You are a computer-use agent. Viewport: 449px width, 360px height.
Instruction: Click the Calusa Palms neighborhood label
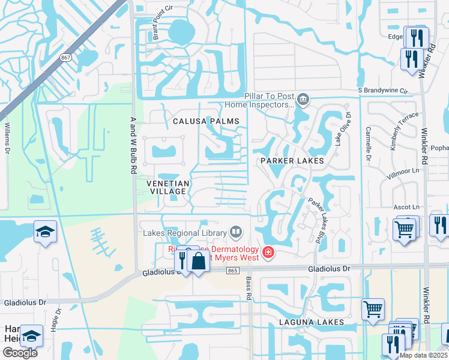coord(206,121)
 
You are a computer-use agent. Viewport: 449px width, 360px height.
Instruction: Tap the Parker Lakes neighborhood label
coord(292,161)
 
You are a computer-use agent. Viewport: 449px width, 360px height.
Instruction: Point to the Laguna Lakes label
coord(311,322)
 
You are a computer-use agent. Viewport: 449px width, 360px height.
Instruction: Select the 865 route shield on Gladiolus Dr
coord(233,271)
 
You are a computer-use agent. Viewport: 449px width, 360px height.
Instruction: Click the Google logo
coord(20,352)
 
